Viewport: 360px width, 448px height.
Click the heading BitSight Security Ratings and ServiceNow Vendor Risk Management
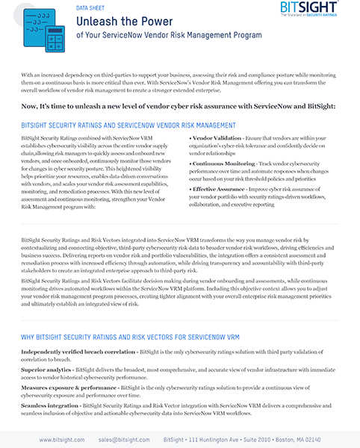tap(128, 126)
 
